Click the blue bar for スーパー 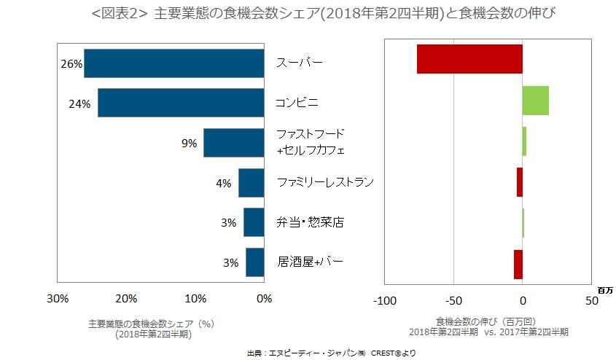pyautogui.click(x=174, y=63)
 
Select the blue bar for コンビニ pyautogui.click(x=180, y=103)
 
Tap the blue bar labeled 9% pyautogui.click(x=233, y=143)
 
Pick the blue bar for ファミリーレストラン pyautogui.click(x=251, y=182)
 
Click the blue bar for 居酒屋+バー pyautogui.click(x=254, y=262)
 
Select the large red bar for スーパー pyautogui.click(x=469, y=59)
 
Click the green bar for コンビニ pyautogui.click(x=535, y=101)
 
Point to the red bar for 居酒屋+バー pyautogui.click(x=518, y=264)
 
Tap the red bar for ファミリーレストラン pyautogui.click(x=520, y=182)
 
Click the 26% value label pyautogui.click(x=71, y=64)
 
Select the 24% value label pyautogui.click(x=79, y=104)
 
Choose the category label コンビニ pyautogui.click(x=297, y=103)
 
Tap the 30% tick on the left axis pyautogui.click(x=58, y=298)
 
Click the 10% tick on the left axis pyautogui.click(x=195, y=298)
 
